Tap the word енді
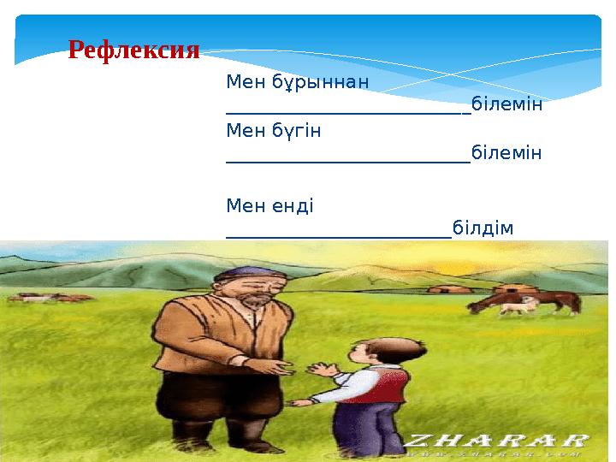coord(294,205)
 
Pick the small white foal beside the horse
coord(512,306)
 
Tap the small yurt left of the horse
coord(444,290)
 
